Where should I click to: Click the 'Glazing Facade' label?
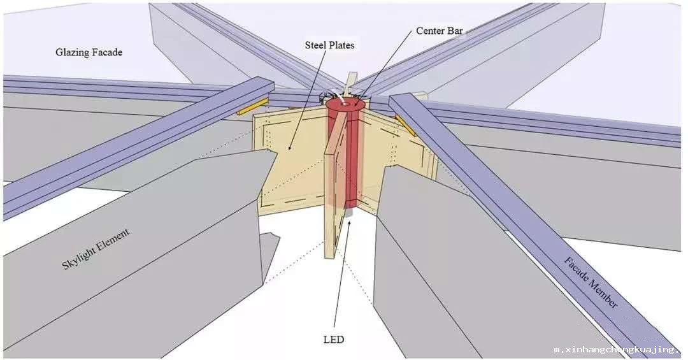89,52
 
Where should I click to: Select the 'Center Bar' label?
439,31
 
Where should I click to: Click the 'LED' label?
334,340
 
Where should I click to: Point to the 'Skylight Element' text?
96,249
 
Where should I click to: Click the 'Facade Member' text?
591,282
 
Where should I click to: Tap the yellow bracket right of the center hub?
406,125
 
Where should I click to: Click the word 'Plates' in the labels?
341,45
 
